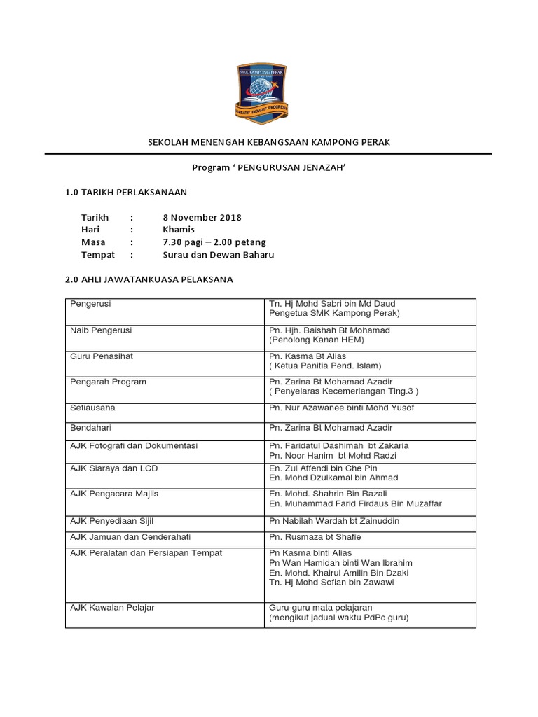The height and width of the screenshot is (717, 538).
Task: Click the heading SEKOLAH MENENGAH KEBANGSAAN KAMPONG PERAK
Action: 268,142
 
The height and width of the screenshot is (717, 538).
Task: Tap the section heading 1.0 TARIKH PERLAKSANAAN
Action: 126,192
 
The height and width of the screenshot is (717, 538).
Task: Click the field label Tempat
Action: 98,255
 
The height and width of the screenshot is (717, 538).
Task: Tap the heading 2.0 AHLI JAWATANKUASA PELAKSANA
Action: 149,279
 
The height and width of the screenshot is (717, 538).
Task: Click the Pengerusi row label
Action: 91,304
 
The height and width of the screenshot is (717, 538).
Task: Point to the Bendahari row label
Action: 92,427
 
